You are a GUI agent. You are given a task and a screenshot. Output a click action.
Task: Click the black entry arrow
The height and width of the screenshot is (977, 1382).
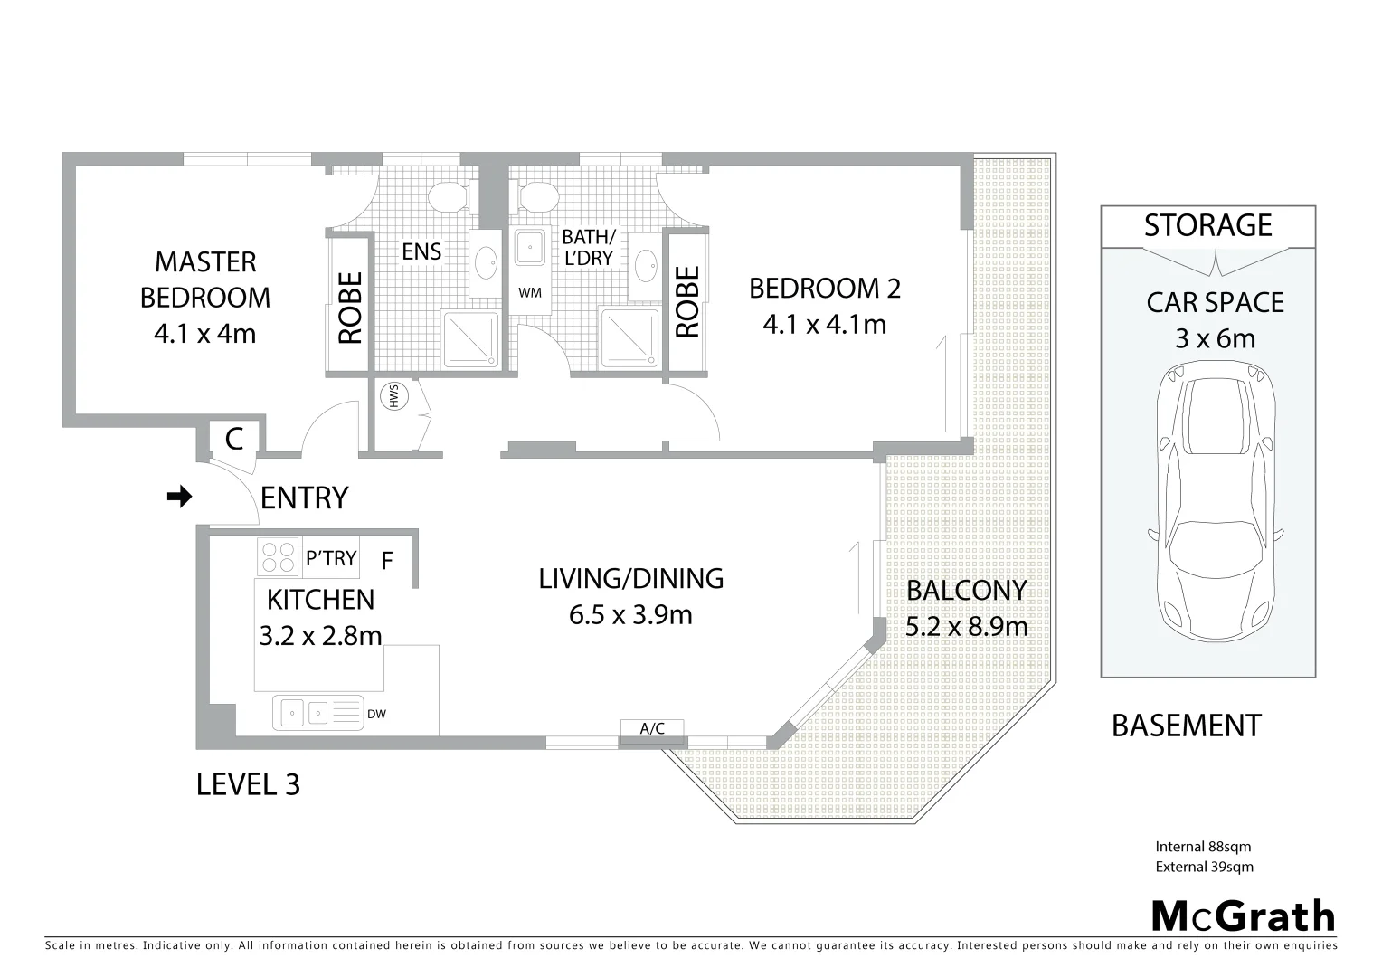tap(181, 497)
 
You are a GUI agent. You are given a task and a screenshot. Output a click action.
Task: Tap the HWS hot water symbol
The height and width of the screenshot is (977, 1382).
tap(394, 396)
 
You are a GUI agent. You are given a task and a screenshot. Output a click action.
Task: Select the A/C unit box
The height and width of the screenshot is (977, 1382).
tap(652, 729)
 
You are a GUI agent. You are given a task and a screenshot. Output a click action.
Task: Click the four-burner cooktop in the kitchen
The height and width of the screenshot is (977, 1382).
tap(278, 556)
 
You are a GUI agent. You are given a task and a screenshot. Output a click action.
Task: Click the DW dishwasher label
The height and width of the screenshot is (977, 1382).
tap(377, 715)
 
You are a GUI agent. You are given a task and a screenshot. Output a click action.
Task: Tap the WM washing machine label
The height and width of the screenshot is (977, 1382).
tap(530, 293)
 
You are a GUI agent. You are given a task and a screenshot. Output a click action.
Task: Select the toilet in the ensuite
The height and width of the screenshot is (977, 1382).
tap(446, 194)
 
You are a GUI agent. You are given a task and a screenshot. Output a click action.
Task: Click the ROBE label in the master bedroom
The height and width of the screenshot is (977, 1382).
tap(350, 308)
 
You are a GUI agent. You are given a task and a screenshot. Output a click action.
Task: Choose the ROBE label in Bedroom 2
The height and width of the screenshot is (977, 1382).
tap(687, 301)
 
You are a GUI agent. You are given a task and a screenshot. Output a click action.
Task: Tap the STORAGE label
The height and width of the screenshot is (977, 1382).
tap(1207, 225)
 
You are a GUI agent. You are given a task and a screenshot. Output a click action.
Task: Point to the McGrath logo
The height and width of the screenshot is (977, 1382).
tap(1244, 916)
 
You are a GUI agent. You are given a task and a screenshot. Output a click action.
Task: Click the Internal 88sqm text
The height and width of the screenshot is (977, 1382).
tap(1203, 848)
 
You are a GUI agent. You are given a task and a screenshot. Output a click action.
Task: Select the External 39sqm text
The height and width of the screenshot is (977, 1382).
tap(1204, 867)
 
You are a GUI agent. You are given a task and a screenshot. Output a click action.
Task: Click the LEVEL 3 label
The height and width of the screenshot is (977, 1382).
tap(248, 784)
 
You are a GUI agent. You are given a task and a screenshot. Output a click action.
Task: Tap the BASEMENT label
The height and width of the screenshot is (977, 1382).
tap(1186, 726)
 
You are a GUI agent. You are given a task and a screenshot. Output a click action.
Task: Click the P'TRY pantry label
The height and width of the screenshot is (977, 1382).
tap(331, 558)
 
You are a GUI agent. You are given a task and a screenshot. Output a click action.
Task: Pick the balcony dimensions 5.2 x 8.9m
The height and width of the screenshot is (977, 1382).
tap(966, 626)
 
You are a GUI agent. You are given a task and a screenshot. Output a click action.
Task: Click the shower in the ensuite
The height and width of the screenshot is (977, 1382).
tap(470, 339)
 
